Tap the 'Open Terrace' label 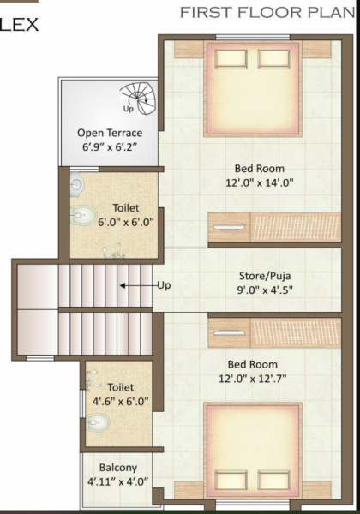point(110,133)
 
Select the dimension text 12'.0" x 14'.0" point(260,182)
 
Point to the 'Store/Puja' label point(266,277)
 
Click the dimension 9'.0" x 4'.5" point(266,291)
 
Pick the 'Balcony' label point(118,468)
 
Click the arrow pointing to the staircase point(135,285)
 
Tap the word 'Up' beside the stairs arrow point(163,285)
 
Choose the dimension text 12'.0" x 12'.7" point(260,378)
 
